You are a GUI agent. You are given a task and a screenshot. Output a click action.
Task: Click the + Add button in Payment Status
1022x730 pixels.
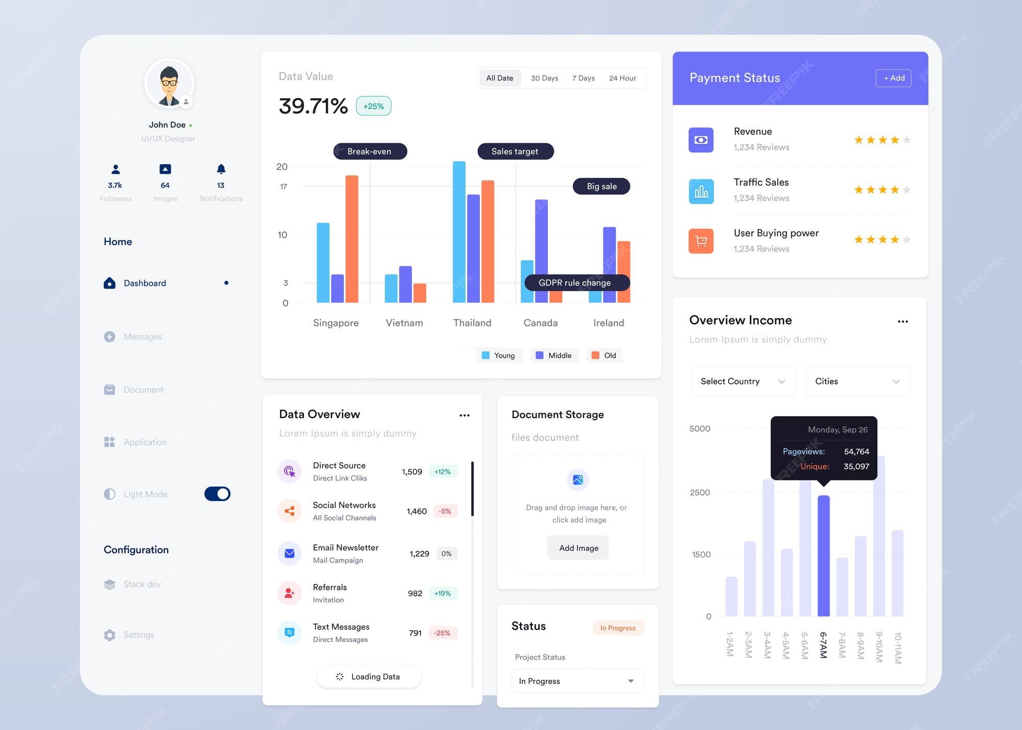tap(893, 78)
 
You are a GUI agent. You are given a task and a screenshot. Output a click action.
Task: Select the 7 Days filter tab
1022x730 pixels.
tap(583, 78)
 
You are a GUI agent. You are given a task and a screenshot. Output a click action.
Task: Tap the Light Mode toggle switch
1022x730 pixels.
tap(217, 494)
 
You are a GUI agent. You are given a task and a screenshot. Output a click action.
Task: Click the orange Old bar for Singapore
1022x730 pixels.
tap(352, 239)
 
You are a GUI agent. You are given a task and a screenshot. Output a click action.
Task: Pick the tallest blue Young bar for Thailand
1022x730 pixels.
tap(459, 232)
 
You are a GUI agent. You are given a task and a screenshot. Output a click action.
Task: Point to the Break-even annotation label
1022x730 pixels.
tap(369, 151)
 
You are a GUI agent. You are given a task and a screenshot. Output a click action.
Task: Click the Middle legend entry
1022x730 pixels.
tap(554, 355)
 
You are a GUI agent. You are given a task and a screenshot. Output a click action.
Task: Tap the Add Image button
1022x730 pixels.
tap(578, 547)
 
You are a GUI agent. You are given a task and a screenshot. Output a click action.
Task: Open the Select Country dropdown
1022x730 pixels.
tap(742, 381)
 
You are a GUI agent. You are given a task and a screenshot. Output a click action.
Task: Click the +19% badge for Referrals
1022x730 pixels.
tap(443, 594)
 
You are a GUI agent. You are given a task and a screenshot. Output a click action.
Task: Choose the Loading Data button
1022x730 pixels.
tap(368, 676)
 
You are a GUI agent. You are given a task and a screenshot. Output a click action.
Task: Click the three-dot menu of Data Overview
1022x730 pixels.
tap(464, 415)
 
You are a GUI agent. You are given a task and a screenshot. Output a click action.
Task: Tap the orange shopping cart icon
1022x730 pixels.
tap(701, 241)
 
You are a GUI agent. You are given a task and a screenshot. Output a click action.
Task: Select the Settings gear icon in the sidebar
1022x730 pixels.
tap(109, 635)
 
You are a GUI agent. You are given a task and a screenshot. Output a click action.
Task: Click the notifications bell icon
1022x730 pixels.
tap(221, 169)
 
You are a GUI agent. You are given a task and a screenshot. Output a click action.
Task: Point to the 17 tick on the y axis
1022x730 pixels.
tap(284, 187)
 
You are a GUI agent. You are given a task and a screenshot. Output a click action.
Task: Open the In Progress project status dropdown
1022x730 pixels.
tap(577, 681)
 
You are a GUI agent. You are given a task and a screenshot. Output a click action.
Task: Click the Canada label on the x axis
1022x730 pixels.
tap(540, 323)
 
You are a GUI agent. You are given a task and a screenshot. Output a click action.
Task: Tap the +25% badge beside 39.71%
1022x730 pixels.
tap(374, 106)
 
